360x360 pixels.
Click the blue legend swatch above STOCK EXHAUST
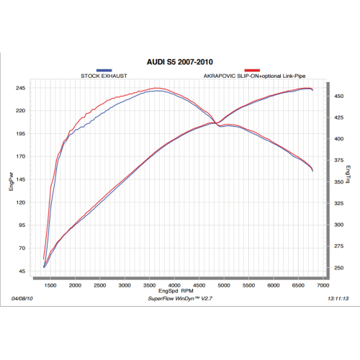[105, 69]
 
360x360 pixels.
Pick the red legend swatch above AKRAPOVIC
[251, 69]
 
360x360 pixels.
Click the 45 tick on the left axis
[22, 271]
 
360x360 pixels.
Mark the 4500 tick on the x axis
[199, 286]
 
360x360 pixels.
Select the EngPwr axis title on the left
[11, 180]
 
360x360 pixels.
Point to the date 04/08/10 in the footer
[23, 298]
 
